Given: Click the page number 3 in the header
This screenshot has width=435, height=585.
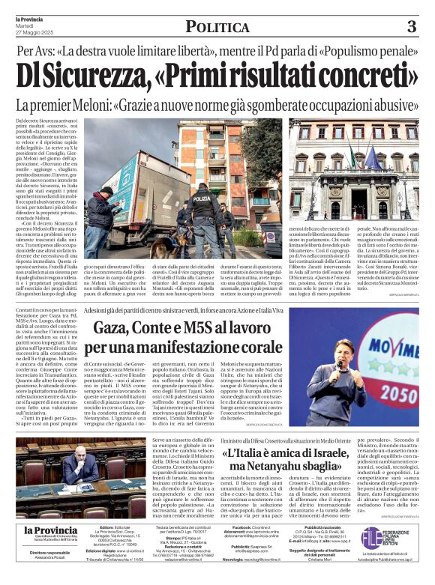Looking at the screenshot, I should tap(411, 27).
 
